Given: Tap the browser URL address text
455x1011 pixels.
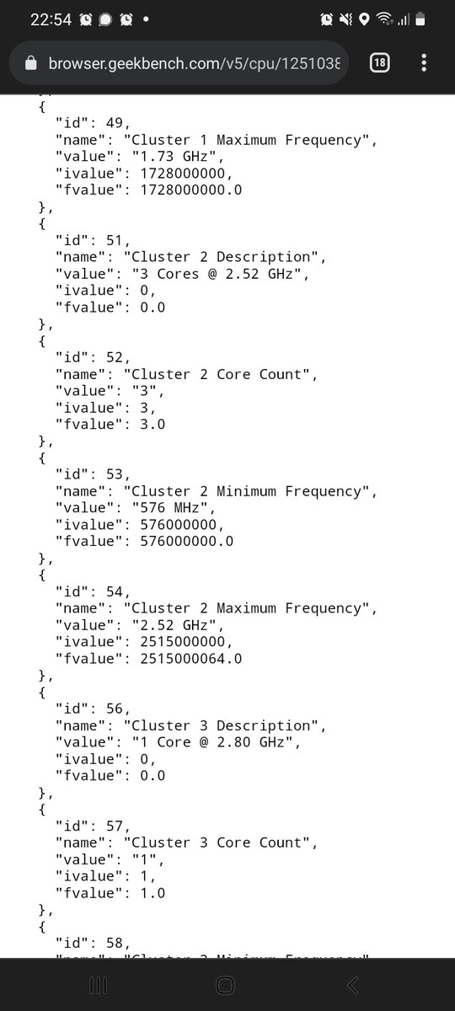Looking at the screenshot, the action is coord(194,63).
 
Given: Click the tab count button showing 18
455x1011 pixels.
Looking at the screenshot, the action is coord(380,62).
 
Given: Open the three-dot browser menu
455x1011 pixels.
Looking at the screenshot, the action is coord(423,62).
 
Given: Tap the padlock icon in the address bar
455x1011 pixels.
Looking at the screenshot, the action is coord(30,62).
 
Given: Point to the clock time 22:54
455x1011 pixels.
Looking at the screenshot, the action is coord(51,19).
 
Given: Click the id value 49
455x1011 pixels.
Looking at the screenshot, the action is coord(115,123).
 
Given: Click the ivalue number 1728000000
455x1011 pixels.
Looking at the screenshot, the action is coord(182,174).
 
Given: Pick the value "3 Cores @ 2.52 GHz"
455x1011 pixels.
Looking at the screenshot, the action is coord(217,274).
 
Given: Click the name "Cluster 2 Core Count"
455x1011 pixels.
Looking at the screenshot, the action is coord(217,374).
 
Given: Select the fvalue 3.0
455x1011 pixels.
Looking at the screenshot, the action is coord(153,425).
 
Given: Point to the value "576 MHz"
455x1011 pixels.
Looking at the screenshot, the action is coord(169,508).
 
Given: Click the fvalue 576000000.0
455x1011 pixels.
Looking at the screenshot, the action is coord(186,541).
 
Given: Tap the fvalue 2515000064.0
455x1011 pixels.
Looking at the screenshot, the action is coord(191,659).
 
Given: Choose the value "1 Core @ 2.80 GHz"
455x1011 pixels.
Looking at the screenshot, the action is coord(212,742).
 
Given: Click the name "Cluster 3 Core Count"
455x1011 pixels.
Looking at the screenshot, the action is coord(217,842).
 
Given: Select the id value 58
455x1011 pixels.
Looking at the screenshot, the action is coord(115,943).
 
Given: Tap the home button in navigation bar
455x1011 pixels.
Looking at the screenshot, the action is coord(225,985).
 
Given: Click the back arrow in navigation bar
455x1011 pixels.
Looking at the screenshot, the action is coord(352,985).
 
